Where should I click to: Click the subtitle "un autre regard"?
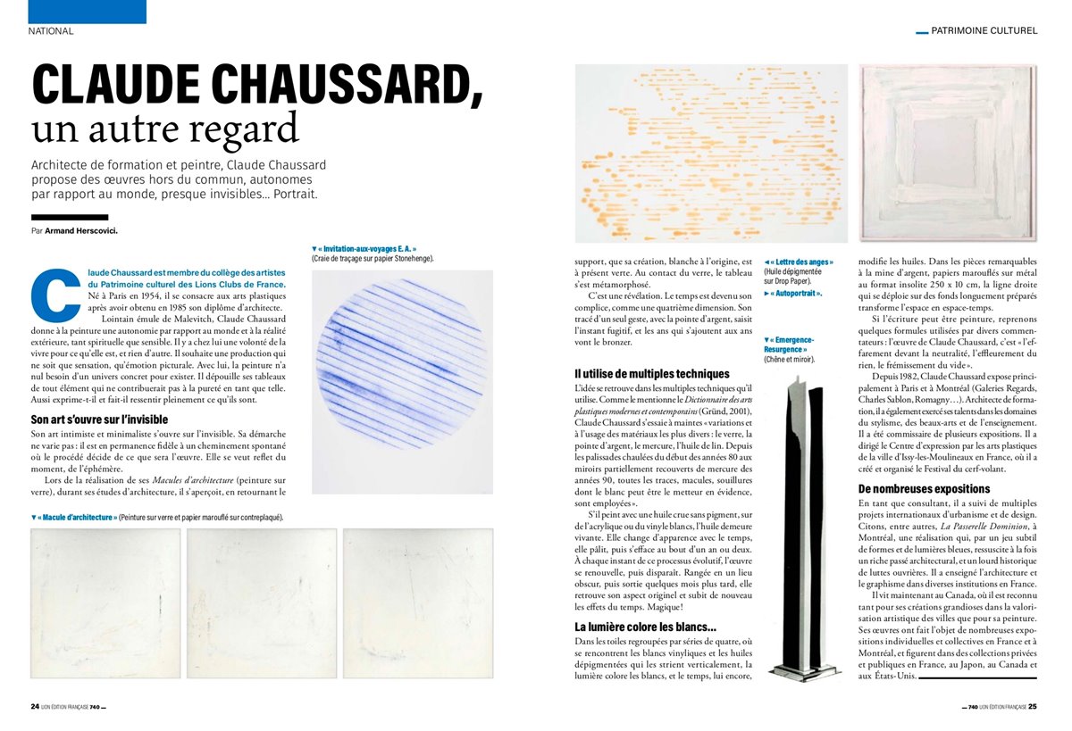click(x=165, y=130)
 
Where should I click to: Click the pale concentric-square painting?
click(x=947, y=152)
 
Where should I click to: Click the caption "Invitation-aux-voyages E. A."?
click(x=366, y=249)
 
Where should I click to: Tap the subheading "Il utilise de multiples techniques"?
click(x=652, y=374)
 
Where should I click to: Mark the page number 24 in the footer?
click(x=35, y=706)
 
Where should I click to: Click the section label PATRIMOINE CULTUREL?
click(x=984, y=30)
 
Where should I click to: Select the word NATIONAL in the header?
click(x=51, y=30)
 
